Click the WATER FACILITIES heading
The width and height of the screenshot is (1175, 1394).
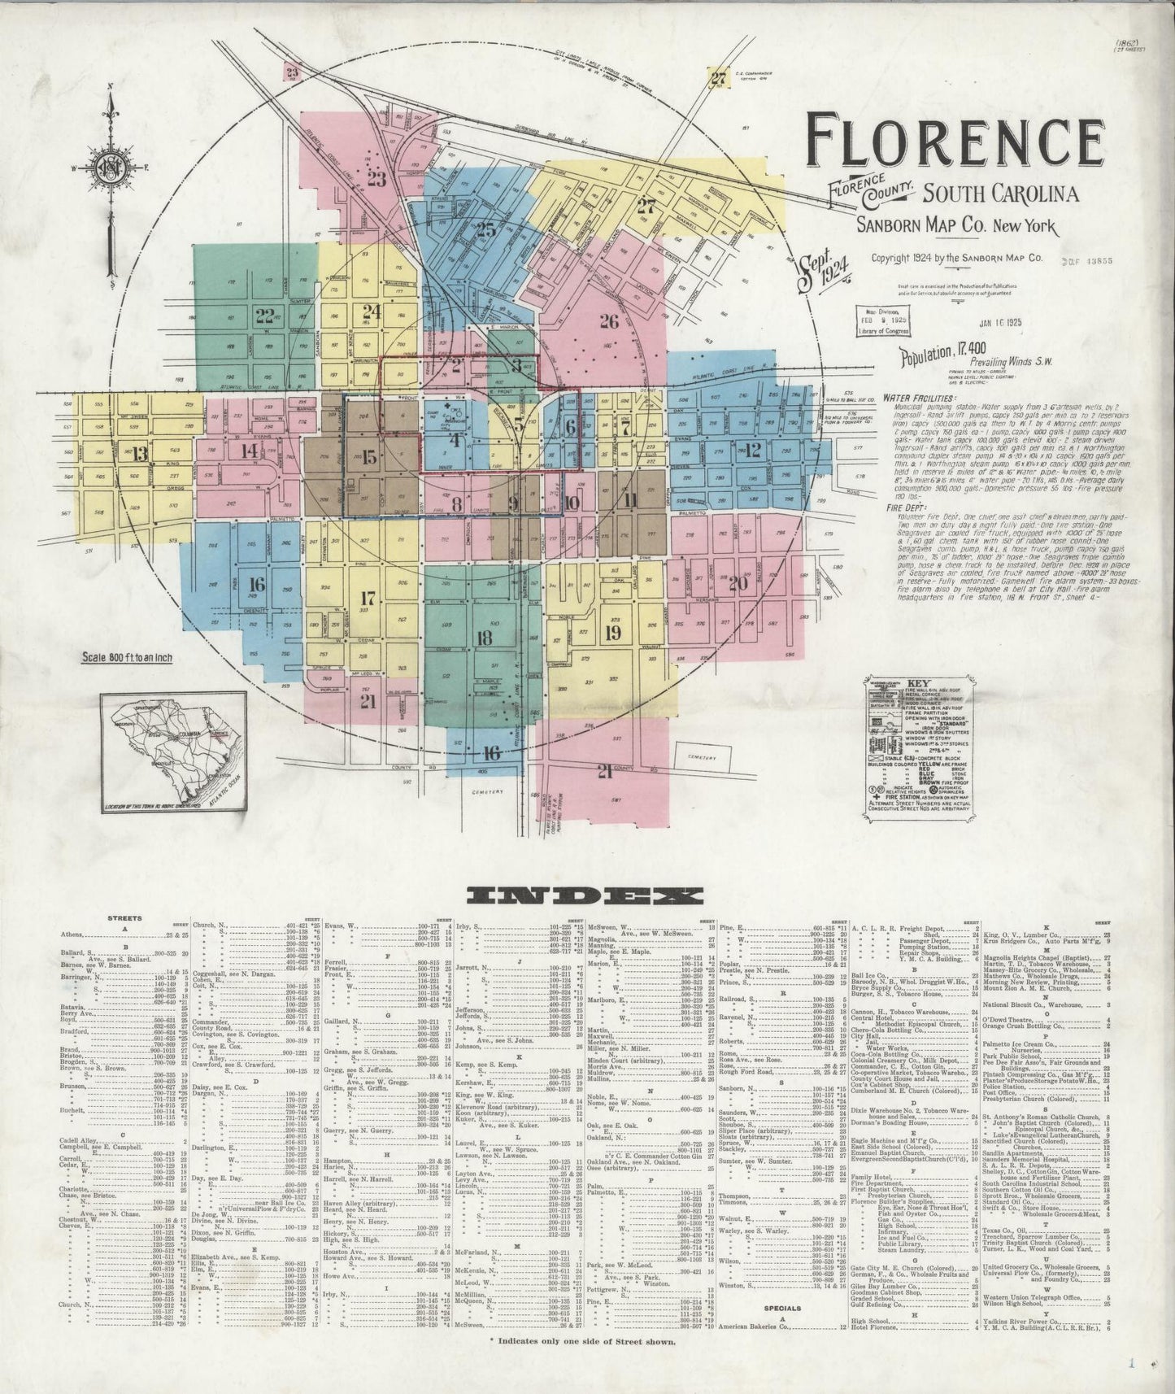pyautogui.click(x=919, y=399)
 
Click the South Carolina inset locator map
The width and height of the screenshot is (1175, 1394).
pyautogui.click(x=173, y=751)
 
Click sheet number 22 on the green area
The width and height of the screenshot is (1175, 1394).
pyautogui.click(x=264, y=316)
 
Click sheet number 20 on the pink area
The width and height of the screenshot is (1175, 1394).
pyautogui.click(x=738, y=582)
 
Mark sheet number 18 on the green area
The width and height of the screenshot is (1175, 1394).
pyautogui.click(x=485, y=637)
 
